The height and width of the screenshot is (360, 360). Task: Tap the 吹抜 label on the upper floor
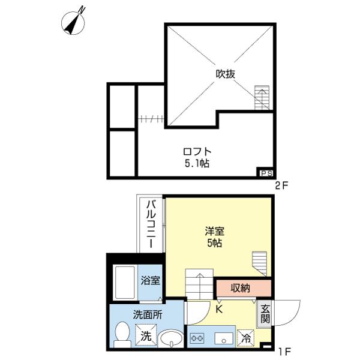click(x=226, y=74)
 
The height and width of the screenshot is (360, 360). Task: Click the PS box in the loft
click(x=265, y=173)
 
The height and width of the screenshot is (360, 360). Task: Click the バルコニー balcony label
click(x=151, y=226)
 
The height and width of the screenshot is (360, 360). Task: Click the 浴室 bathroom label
click(x=150, y=280)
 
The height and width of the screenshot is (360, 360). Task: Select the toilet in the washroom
click(x=122, y=335)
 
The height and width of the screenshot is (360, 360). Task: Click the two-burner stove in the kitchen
click(x=197, y=338)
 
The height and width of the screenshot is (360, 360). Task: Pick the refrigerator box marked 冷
click(x=245, y=337)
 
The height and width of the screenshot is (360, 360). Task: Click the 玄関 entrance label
click(x=264, y=314)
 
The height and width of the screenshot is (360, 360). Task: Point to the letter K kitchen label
click(x=220, y=310)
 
